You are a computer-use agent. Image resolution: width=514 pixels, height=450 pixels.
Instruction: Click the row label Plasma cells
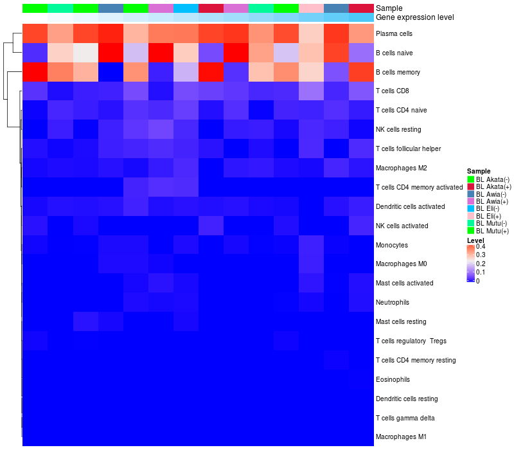pos(393,33)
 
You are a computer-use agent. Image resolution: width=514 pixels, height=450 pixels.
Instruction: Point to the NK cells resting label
pos(398,129)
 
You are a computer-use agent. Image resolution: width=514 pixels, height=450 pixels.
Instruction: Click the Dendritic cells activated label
pos(410,206)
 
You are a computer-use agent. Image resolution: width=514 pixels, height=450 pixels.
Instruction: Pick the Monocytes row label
pos(391,245)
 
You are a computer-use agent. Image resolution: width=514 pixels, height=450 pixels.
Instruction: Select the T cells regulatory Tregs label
pos(411,341)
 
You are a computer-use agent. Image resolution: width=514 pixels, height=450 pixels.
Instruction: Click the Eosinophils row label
pos(393,379)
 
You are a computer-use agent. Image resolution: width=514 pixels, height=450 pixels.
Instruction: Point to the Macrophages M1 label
pos(401,437)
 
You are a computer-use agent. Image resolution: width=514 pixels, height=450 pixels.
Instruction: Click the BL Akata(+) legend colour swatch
pos(471,186)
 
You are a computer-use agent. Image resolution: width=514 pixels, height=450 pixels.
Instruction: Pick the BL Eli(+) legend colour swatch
pos(471,215)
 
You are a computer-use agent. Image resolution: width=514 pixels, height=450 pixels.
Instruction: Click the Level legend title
pos(475,240)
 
